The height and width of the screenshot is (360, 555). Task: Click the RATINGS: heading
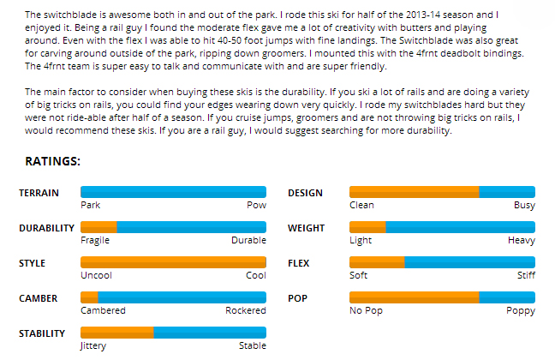(x=52, y=160)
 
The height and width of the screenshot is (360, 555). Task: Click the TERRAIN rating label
(x=39, y=193)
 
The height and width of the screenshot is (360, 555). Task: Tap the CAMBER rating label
(x=39, y=298)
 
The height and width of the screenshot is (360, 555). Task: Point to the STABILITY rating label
(x=43, y=333)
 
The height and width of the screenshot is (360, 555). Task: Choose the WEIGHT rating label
(x=306, y=228)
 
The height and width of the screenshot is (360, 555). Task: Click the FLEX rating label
(x=298, y=263)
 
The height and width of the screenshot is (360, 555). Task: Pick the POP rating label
(x=295, y=298)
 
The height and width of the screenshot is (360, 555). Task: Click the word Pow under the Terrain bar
(x=256, y=206)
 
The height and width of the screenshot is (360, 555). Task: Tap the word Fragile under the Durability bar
(x=95, y=241)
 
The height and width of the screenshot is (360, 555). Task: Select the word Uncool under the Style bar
(x=96, y=276)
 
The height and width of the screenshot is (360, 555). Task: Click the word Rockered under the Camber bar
(x=246, y=311)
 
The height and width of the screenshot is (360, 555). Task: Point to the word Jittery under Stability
(x=93, y=346)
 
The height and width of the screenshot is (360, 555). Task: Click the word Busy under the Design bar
(x=524, y=206)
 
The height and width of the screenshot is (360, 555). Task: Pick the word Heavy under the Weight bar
(x=521, y=241)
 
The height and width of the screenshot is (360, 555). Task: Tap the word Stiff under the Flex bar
(x=526, y=276)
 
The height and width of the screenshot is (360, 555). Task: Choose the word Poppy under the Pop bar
(x=521, y=311)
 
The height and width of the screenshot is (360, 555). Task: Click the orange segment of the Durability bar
(x=98, y=227)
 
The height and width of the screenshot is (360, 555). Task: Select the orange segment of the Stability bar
(x=116, y=333)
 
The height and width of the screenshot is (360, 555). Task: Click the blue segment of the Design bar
(x=507, y=192)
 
